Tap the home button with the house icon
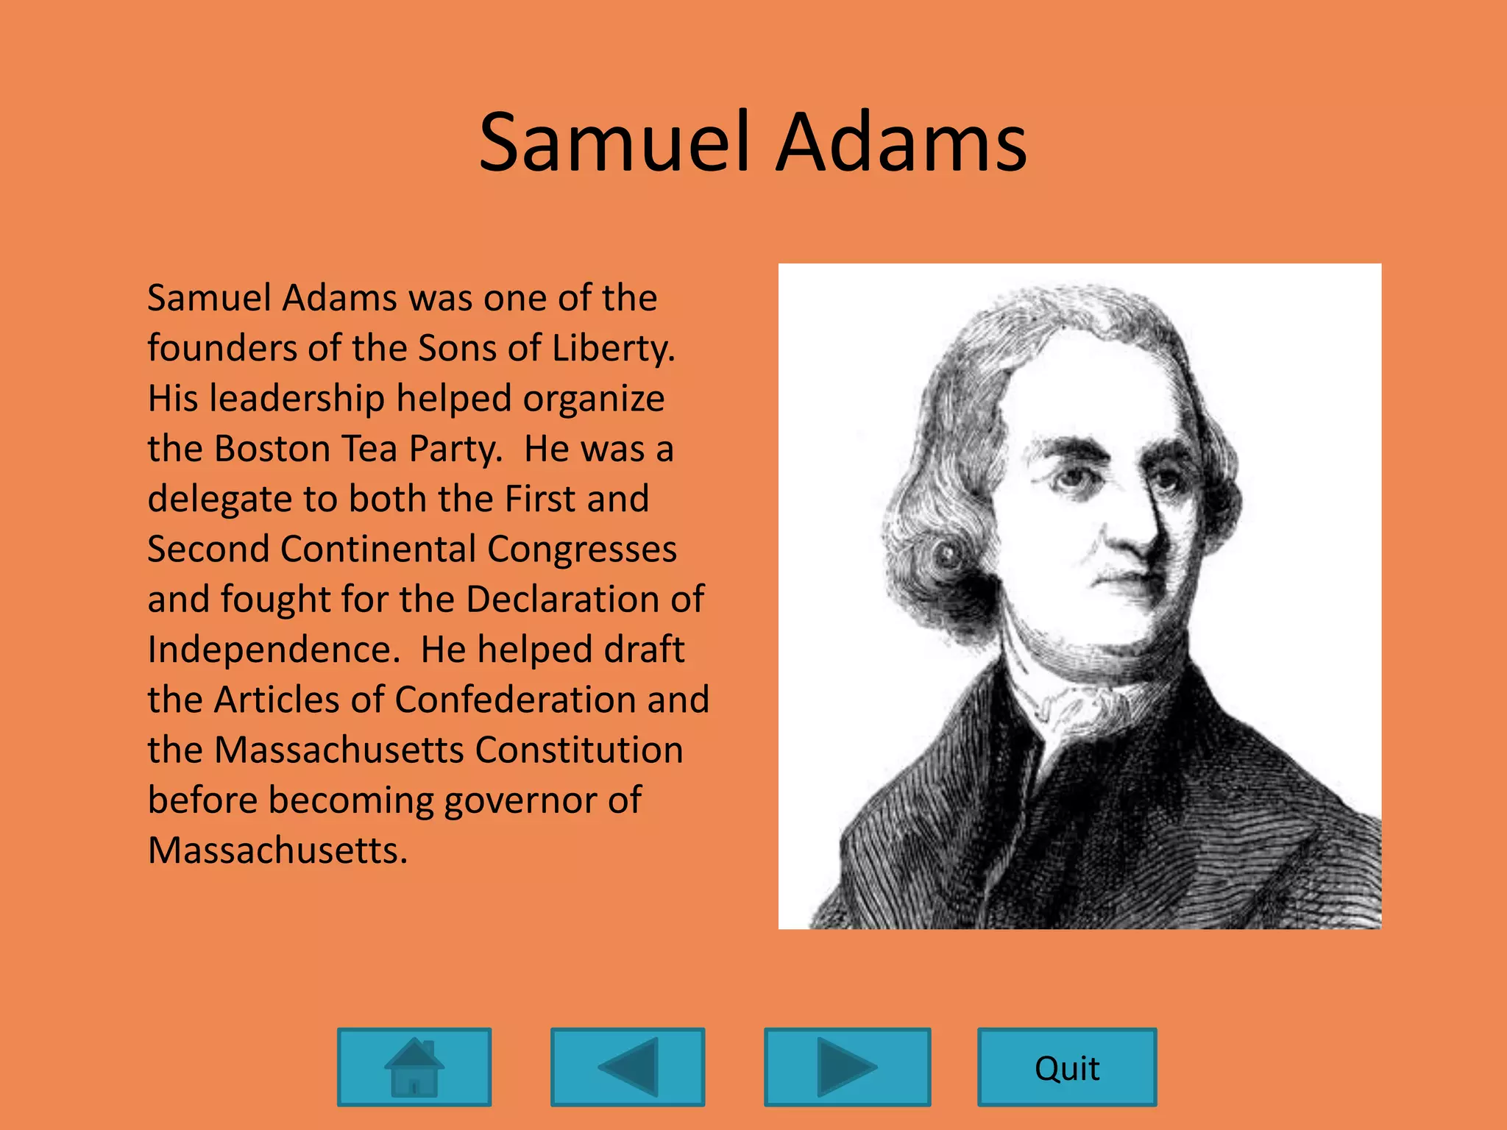coord(414,1067)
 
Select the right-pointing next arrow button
coord(847,1067)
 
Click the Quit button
coord(1067,1067)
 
